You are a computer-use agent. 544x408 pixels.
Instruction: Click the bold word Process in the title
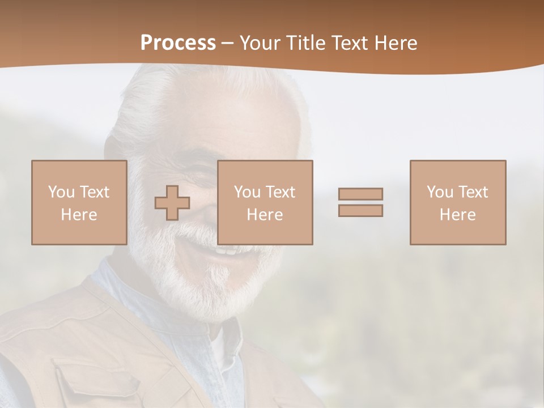coord(178,43)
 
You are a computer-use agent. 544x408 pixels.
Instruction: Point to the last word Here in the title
coord(396,43)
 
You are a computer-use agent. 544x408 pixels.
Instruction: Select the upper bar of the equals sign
coord(360,194)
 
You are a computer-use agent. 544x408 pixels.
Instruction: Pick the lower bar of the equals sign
coord(360,210)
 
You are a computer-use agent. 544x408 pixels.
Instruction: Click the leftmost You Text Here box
coord(79,202)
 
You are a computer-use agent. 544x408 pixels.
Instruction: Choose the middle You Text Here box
coord(265,202)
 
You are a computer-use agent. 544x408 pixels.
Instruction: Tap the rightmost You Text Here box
coord(457,202)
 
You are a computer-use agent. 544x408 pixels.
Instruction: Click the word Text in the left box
coord(94,192)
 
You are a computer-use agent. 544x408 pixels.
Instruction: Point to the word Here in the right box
coord(457,215)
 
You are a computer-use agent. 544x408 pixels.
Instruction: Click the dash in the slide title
coord(227,43)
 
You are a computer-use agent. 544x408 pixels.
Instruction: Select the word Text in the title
coord(346,43)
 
